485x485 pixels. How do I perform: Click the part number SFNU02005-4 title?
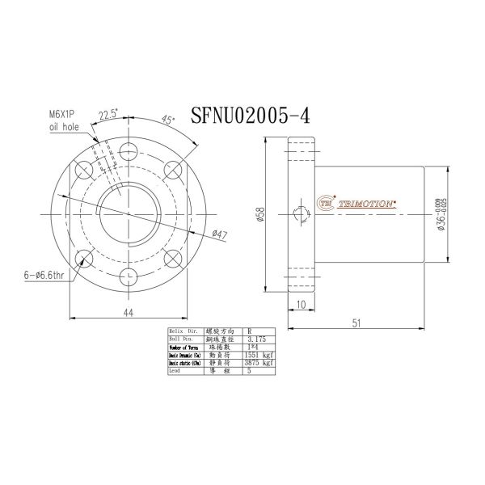[250, 114]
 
